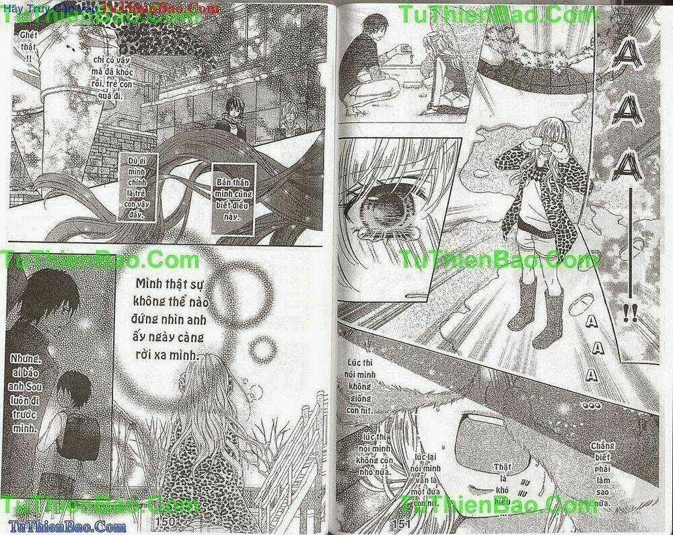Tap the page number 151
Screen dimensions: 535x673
click(x=401, y=522)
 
